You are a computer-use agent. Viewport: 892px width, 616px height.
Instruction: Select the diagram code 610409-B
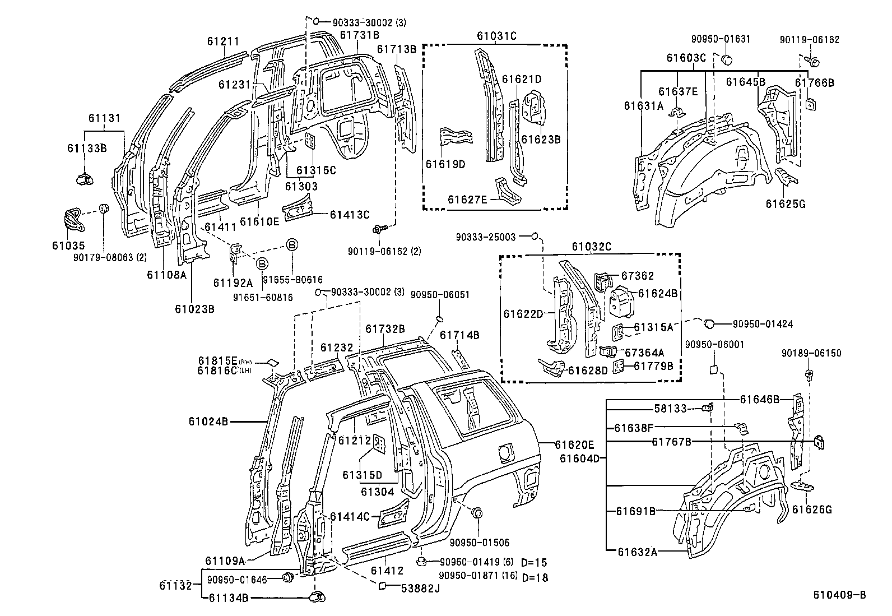pos(840,595)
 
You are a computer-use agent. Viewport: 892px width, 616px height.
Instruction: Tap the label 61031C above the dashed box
pos(496,36)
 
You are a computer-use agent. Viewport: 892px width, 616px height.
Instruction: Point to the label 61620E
pos(574,444)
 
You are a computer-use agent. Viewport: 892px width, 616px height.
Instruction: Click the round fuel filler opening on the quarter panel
pos(505,451)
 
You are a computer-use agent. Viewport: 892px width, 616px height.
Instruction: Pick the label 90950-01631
pos(721,39)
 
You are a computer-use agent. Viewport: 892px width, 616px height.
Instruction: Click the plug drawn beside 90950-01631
pos(727,59)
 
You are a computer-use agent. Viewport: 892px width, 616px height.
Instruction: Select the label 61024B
pos(208,422)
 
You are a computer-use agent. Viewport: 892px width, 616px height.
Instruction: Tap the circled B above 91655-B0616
pos(292,245)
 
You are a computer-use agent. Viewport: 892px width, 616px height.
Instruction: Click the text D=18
pos(534,577)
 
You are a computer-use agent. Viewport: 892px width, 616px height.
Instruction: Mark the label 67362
pos(638,276)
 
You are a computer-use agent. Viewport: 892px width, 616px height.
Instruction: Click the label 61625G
pos(786,203)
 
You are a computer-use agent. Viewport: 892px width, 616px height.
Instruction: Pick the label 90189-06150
pos(811,353)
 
